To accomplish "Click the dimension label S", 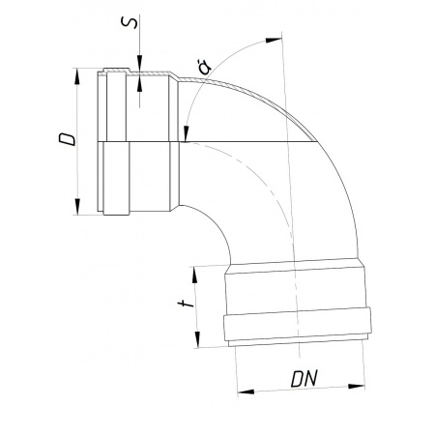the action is click(x=130, y=22).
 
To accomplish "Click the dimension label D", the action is click(x=67, y=138).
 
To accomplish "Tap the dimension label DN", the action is click(x=304, y=379).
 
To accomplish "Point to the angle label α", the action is click(x=205, y=66).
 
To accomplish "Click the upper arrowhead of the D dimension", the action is click(x=76, y=76).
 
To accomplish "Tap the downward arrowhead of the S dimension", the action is click(x=140, y=63).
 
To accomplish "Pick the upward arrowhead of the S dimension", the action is click(x=140, y=84).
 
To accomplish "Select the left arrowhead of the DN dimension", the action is click(x=246, y=391).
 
